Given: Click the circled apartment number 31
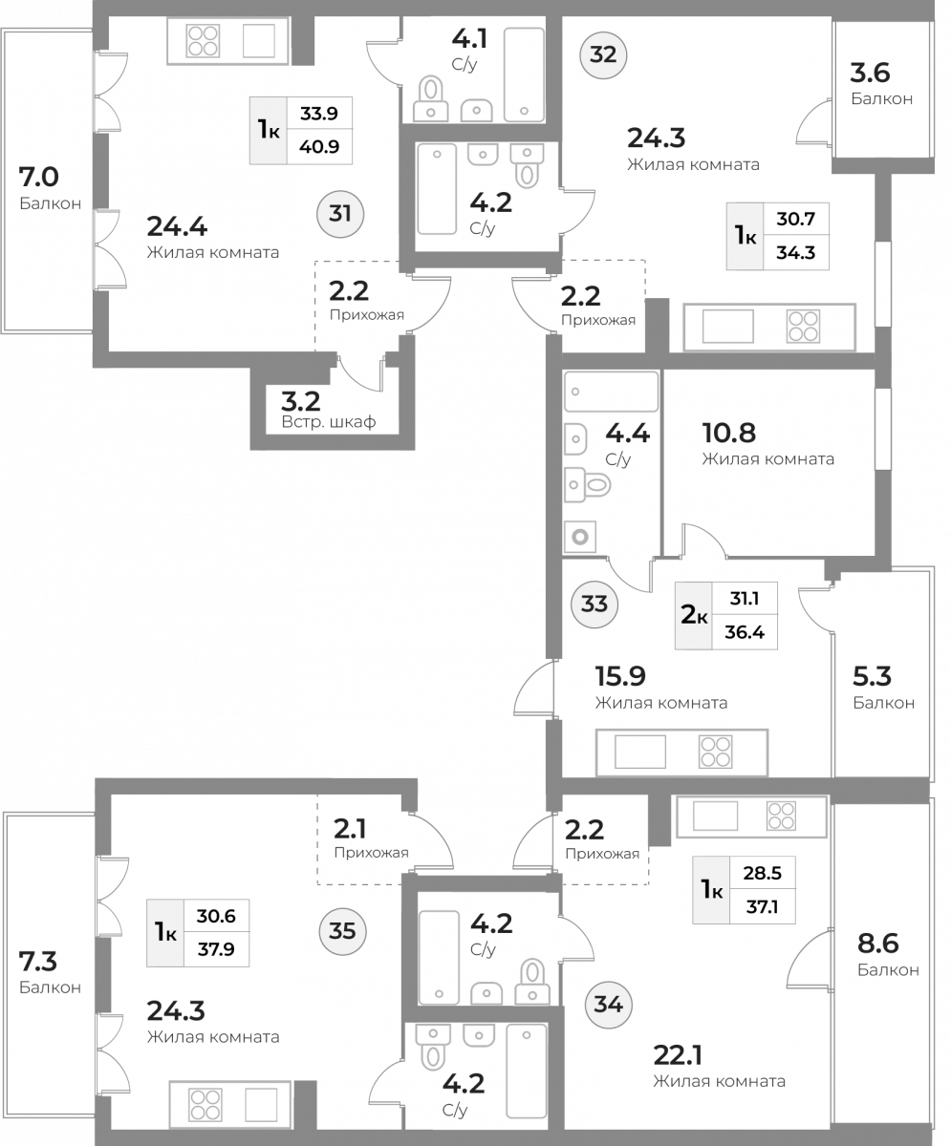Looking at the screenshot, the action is click(x=340, y=214).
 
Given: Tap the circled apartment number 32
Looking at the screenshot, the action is click(x=603, y=54).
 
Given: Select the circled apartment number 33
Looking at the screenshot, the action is click(x=594, y=605).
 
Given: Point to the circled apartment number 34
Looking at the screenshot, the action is click(x=608, y=1005).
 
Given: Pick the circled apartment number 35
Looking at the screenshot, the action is click(x=342, y=931).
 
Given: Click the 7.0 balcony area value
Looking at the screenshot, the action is click(x=38, y=178).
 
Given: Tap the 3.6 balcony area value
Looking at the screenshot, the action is click(x=871, y=73).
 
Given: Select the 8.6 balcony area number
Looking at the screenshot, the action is click(x=878, y=944).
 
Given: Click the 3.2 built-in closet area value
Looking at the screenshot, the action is click(x=300, y=402).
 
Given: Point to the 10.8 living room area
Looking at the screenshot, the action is click(x=729, y=433).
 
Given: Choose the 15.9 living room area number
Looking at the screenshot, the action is click(x=620, y=677).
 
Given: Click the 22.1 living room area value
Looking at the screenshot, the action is click(x=678, y=1055).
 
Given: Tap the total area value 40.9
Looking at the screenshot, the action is click(x=319, y=146).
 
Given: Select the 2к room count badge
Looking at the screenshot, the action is click(x=694, y=615).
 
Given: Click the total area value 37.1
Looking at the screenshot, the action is click(x=762, y=906).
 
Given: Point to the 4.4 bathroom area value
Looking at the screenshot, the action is click(x=627, y=434).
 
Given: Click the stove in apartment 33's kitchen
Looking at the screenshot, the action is click(x=715, y=752).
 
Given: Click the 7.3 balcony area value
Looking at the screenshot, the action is click(x=38, y=962).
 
